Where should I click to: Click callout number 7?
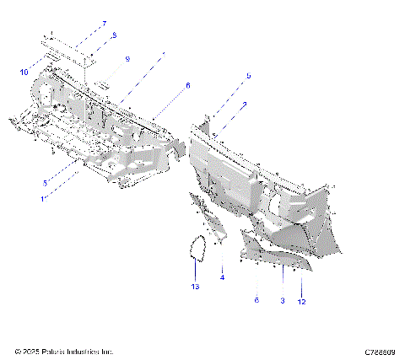coord(105,24)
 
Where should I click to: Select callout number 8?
coord(114,35)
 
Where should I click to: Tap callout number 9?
coord(127,59)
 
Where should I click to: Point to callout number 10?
coord(24,73)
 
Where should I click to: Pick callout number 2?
coord(244,105)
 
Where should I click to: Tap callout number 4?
coord(223,277)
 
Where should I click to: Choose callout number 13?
coord(195,287)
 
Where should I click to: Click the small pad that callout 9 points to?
coord(101,84)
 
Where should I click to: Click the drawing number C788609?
coord(381,352)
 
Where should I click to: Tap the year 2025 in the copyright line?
coord(30,352)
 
